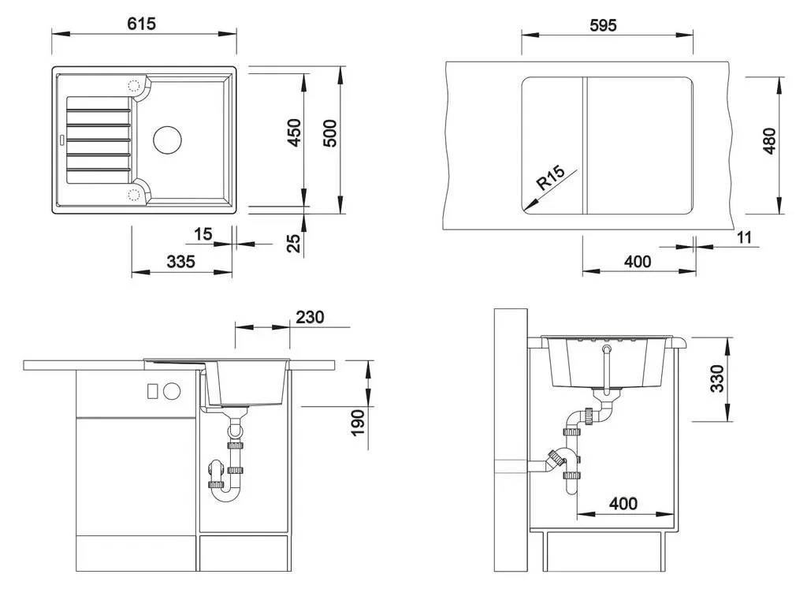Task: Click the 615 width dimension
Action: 142,24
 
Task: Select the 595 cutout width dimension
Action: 603,25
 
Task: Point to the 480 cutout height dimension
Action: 769,141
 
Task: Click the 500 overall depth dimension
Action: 330,133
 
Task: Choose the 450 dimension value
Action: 295,132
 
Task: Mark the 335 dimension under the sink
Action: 180,262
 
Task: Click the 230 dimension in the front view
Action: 310,317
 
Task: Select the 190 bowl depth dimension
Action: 358,423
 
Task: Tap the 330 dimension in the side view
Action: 717,378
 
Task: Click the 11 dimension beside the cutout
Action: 744,237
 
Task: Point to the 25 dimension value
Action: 293,243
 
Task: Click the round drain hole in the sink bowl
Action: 167,139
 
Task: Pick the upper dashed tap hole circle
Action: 134,85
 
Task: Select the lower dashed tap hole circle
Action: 134,194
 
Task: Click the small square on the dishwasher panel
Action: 152,391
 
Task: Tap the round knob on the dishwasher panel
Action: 172,391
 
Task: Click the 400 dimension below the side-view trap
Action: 623,503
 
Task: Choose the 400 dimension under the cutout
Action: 638,262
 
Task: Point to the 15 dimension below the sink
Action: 203,234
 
